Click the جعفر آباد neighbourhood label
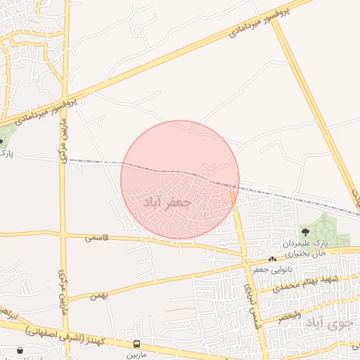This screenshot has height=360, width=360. pos(167,202)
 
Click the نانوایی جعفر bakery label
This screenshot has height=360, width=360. pos(273,269)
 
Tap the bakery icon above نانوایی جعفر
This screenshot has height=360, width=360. pos(272,259)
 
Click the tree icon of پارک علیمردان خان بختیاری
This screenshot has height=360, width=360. pos(305,231)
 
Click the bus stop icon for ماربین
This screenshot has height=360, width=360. pos(137,345)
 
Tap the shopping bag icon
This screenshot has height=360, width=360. pos(20,349)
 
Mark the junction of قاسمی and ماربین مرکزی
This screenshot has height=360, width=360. pos(64,233)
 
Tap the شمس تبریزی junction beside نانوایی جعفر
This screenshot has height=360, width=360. pos(247,259)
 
